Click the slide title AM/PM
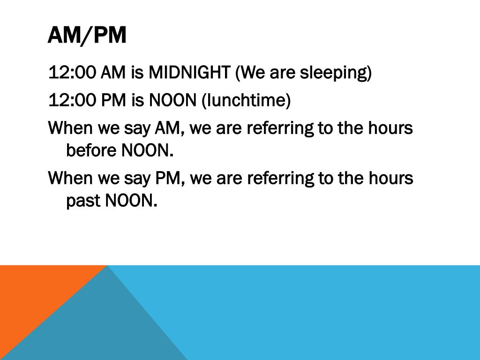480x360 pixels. (x=87, y=36)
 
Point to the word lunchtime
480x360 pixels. (x=246, y=100)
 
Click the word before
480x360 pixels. (x=91, y=150)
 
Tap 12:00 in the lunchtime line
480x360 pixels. (x=72, y=100)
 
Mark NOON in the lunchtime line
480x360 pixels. (x=172, y=100)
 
